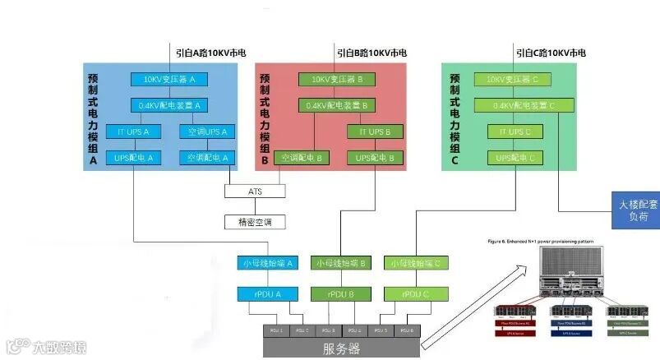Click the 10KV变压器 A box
pos(169,80)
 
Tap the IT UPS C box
pos(514,132)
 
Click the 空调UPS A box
pos(206,132)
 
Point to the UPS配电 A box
pos(134,157)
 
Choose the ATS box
pos(255,191)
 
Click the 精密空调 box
pos(255,222)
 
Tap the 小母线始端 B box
pos(340,264)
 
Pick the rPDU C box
pos(413,293)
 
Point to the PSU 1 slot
pos(277,330)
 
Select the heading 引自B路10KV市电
pos(371,53)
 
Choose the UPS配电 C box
pos(514,157)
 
